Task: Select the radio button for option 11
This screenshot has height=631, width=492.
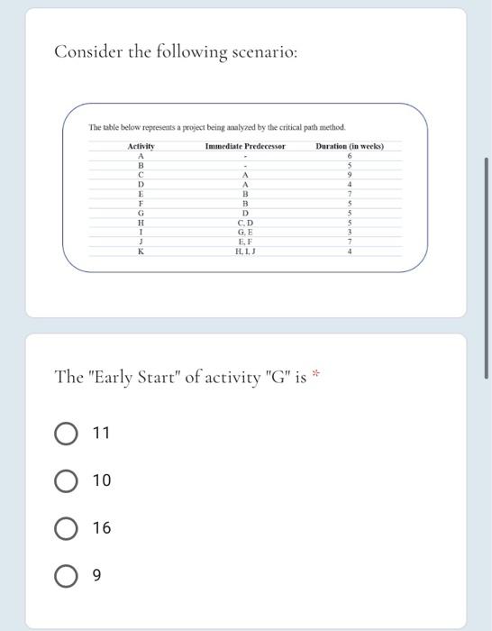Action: (x=65, y=434)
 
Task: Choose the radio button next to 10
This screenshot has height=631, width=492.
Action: (x=65, y=480)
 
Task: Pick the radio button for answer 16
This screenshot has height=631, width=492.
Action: (x=65, y=527)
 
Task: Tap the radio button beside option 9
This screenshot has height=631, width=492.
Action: (x=65, y=574)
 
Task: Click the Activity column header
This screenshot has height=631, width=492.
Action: (x=141, y=146)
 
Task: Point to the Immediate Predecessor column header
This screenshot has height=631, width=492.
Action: (x=245, y=146)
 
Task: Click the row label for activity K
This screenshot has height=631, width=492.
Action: (x=141, y=251)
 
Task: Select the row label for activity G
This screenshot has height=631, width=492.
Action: (x=141, y=212)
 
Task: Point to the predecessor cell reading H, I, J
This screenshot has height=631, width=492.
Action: (x=245, y=251)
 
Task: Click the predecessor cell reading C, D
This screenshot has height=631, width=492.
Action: (x=245, y=222)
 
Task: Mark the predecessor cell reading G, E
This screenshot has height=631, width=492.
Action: (x=245, y=232)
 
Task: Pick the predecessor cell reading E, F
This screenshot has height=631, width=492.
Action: (x=245, y=242)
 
